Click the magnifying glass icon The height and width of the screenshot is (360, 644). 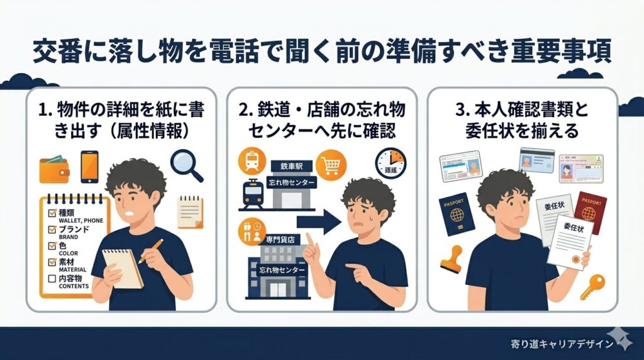[186, 163]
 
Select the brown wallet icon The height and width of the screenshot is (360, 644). [53, 168]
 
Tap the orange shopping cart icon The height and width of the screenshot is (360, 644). [331, 164]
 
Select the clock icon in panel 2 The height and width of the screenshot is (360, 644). [391, 163]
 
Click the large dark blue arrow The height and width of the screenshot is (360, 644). [318, 221]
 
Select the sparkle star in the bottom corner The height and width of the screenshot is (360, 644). [625, 340]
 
